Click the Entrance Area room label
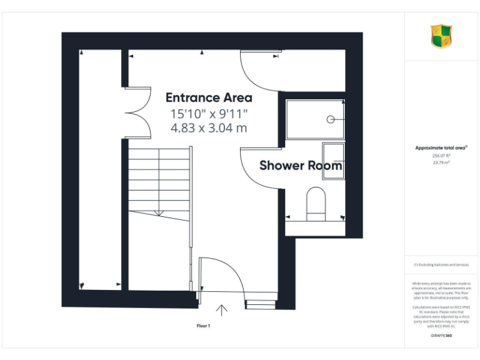(x=209, y=97)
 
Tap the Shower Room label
(x=301, y=166)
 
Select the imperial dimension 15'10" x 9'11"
(x=209, y=114)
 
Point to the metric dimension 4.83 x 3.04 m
(x=209, y=128)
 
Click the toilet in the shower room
(x=316, y=205)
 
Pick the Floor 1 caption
(x=204, y=326)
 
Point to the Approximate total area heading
(x=441, y=147)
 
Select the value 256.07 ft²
(x=441, y=156)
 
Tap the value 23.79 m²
(x=441, y=162)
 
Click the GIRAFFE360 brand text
(x=441, y=336)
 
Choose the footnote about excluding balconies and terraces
(x=441, y=265)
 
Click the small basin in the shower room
(x=333, y=161)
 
